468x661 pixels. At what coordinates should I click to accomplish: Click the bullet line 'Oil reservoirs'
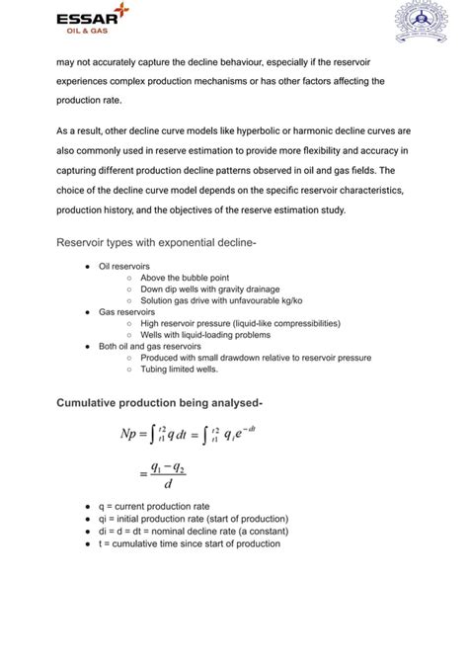(x=124, y=267)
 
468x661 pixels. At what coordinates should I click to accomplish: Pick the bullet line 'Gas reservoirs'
(x=125, y=311)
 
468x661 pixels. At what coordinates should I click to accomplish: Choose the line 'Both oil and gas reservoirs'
(x=149, y=346)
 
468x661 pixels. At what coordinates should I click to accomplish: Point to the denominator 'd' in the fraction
(x=169, y=484)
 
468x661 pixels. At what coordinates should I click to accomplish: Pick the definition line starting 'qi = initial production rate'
(x=194, y=519)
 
